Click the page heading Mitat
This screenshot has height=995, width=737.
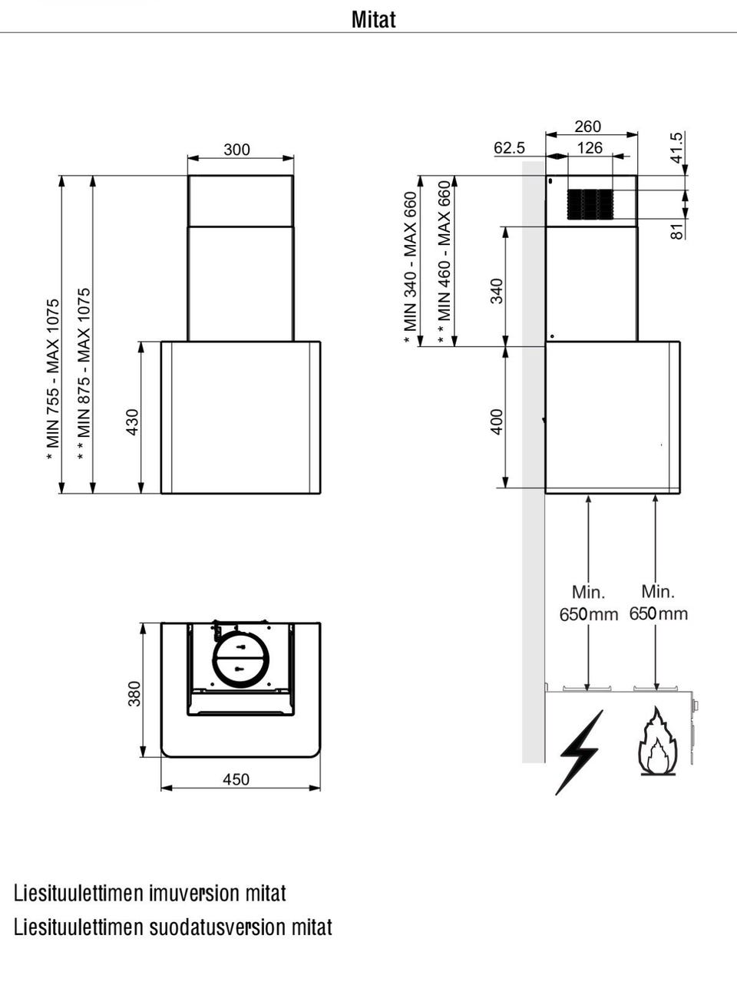[373, 19]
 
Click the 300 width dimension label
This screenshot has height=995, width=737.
[236, 150]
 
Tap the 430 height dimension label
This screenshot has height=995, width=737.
[132, 421]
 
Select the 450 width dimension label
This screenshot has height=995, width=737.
[236, 779]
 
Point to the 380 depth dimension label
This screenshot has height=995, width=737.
[134, 693]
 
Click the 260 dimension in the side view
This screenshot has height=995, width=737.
[587, 127]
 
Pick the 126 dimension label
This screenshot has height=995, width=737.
[590, 147]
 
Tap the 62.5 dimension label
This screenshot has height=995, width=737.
[509, 147]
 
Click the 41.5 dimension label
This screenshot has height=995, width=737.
[676, 147]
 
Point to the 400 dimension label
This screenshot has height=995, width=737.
[497, 421]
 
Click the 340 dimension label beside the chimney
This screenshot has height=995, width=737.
[497, 291]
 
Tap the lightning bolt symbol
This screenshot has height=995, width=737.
[580, 752]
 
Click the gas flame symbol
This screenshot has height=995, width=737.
[657, 743]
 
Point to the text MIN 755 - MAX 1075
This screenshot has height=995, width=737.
[53, 379]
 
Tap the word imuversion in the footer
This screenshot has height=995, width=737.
[194, 893]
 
